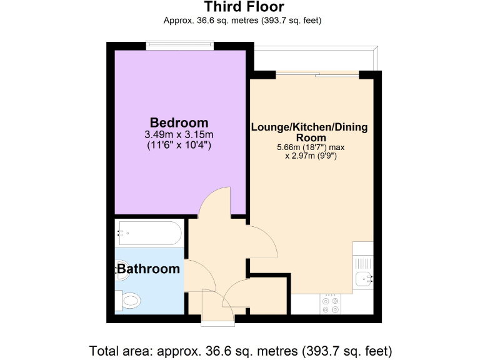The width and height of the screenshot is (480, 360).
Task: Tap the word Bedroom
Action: pos(179,122)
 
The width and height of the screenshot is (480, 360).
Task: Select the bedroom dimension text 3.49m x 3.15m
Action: pos(179,134)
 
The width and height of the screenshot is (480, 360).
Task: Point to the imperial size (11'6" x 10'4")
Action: pos(179,146)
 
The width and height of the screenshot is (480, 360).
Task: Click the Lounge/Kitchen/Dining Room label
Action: pos(309,132)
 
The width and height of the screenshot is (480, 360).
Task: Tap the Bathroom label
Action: pos(149,269)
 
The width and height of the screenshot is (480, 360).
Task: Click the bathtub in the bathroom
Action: pos(149,235)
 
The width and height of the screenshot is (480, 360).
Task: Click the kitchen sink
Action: pos(364,279)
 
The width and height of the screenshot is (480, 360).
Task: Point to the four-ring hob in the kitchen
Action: pos(331,304)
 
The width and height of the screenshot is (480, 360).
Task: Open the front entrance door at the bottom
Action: pos(217,310)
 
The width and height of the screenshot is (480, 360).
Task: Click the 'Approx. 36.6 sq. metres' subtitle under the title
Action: pos(242,21)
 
